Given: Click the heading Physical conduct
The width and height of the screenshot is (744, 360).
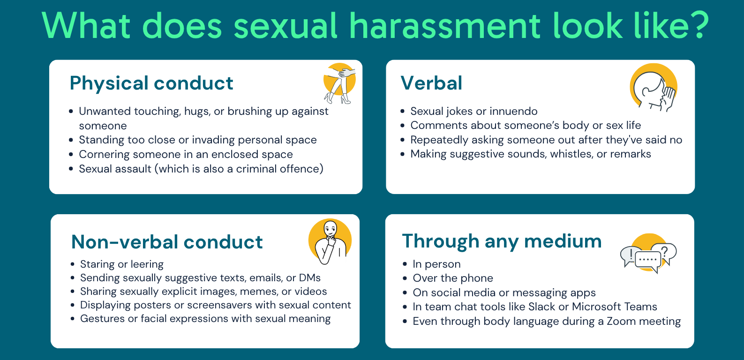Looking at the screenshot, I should [151, 83].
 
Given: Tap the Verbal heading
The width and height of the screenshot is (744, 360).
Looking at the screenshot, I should [431, 83].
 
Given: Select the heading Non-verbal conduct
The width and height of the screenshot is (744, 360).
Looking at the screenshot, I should [167, 242].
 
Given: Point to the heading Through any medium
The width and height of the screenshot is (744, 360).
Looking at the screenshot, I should [502, 241].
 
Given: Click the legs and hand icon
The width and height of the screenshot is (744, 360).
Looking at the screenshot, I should [339, 83].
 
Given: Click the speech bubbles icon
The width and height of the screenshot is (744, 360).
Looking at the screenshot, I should [648, 254].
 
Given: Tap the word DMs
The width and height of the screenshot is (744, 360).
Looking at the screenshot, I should [310, 278].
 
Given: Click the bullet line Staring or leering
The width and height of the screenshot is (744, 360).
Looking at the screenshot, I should [122, 264].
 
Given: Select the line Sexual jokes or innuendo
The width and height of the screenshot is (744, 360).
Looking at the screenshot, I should [473, 112].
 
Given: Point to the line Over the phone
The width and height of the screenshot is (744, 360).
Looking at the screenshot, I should [452, 278].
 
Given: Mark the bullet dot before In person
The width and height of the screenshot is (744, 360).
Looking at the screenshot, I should [405, 265].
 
